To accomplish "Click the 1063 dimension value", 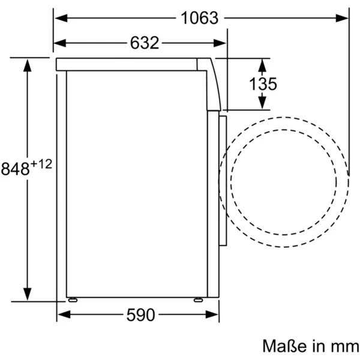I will point(199,18).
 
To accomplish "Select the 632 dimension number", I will point(144,43).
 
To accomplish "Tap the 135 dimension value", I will point(264,84).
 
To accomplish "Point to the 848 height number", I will point(15,169).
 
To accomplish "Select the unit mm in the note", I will point(338,346).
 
